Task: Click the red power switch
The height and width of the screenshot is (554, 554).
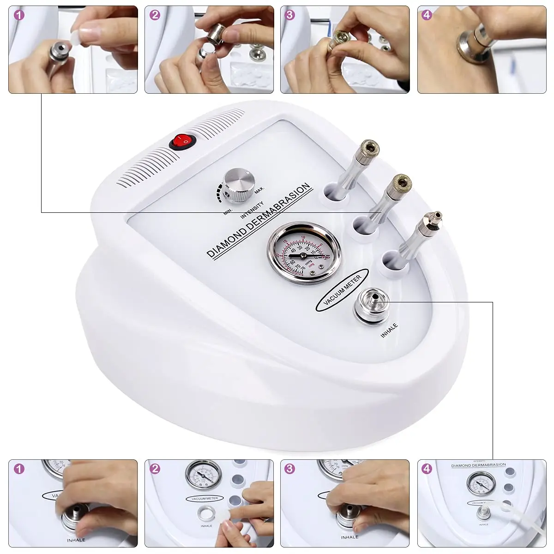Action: [182, 141]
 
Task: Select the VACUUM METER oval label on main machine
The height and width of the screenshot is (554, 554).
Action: [342, 289]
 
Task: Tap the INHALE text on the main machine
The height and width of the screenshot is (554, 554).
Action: [389, 331]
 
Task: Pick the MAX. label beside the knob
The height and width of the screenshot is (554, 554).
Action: [259, 189]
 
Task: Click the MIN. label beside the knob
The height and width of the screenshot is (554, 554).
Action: [228, 212]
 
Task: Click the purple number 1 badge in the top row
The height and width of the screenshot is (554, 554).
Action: [19, 15]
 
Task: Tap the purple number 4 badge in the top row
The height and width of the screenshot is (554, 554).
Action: [427, 15]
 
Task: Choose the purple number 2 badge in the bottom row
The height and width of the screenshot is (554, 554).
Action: [155, 469]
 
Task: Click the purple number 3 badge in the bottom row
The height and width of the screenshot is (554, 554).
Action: [289, 469]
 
